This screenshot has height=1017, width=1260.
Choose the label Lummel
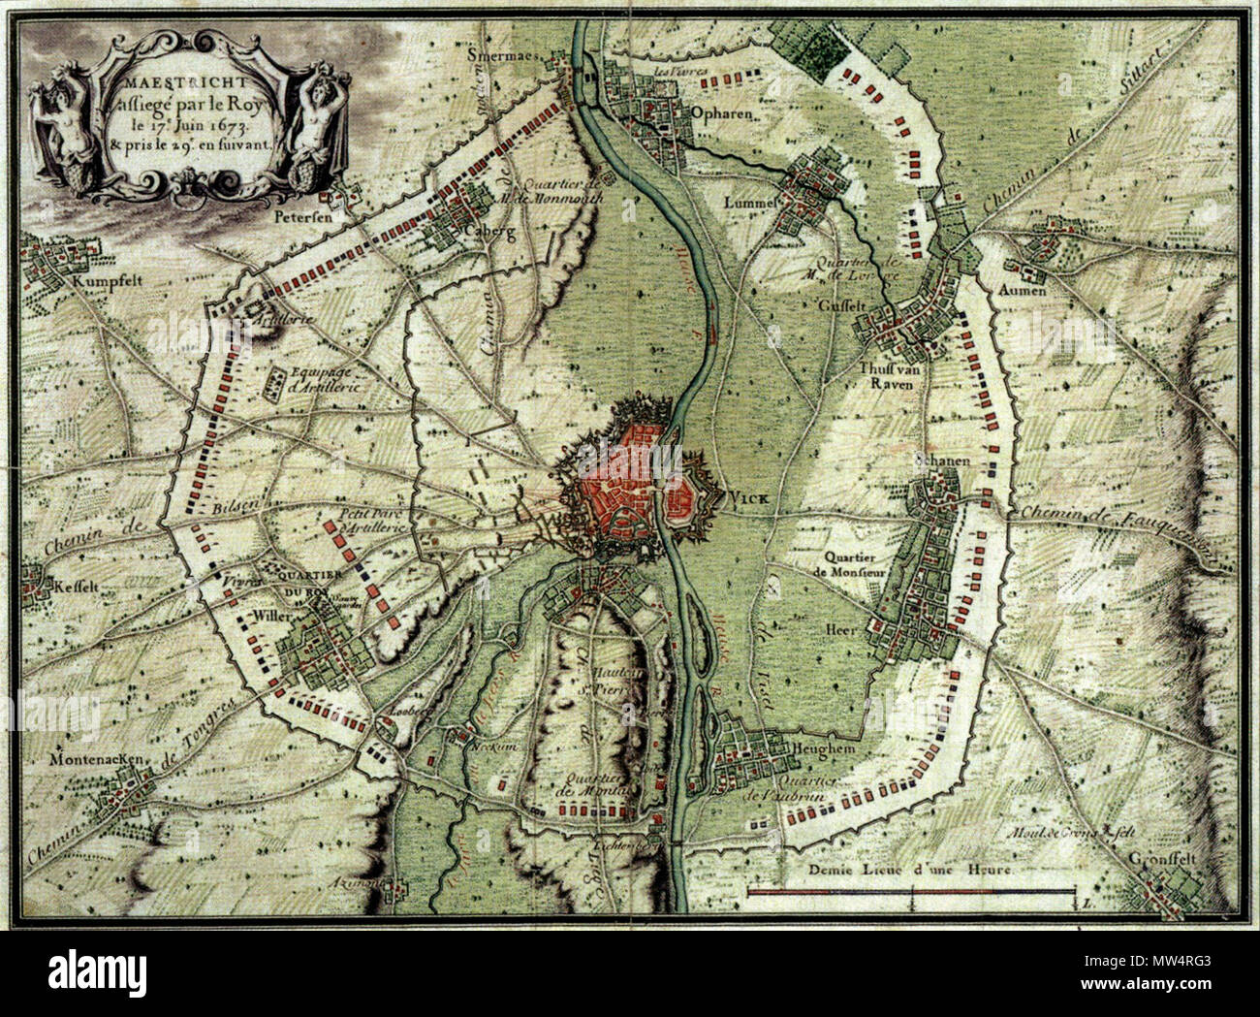[x=752, y=204]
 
